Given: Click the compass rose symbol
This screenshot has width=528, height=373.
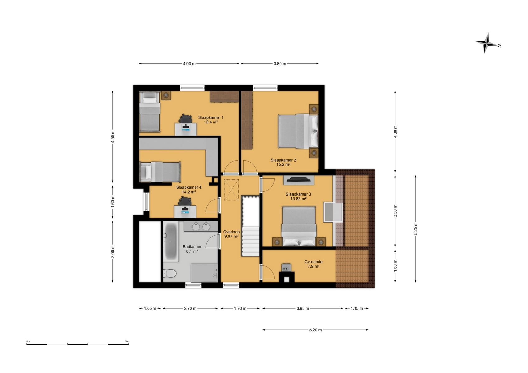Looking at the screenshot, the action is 486,43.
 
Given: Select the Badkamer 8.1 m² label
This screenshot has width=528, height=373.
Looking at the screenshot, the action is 192,249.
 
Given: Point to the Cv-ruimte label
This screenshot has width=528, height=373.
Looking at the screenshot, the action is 313,262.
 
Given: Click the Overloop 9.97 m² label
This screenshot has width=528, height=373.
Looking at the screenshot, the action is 231,234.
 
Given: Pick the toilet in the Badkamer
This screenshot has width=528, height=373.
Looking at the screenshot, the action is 169,274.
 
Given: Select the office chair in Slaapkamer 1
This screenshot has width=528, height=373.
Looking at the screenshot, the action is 185,119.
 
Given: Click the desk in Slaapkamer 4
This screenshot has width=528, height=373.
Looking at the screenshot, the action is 185,211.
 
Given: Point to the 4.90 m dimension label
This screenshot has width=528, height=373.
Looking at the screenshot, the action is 189,64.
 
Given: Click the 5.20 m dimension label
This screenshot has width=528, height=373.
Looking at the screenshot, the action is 315,330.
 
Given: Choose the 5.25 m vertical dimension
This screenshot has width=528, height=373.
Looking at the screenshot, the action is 415,228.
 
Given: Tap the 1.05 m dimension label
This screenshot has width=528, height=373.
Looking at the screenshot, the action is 150,308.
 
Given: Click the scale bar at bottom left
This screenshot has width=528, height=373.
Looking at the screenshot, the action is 78,344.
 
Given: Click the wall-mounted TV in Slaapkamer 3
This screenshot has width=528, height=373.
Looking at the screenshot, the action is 299,180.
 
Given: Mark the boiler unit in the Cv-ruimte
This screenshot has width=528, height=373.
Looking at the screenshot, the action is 286,267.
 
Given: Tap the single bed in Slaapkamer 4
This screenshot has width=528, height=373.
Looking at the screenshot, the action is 160,172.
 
